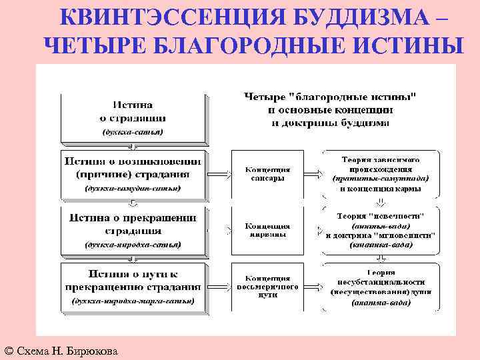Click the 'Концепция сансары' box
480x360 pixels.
(267, 174)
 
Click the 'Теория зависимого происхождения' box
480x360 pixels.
(380, 174)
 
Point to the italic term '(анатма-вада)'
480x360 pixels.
(380, 301)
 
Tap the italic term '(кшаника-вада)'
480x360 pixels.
(380, 245)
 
